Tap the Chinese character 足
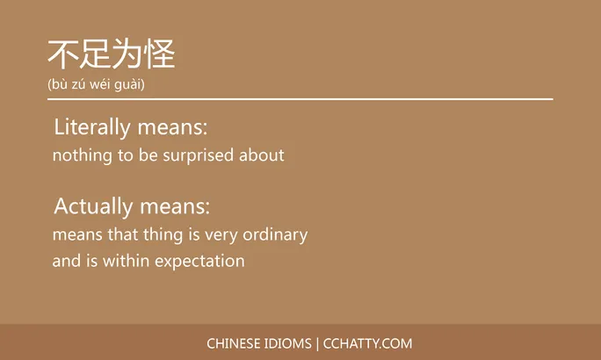point(95,54)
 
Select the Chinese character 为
point(127,54)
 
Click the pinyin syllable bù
point(60,85)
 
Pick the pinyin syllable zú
point(80,85)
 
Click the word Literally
point(92,127)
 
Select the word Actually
point(91,207)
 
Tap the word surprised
point(199,156)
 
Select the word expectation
point(199,262)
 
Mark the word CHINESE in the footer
point(234,343)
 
